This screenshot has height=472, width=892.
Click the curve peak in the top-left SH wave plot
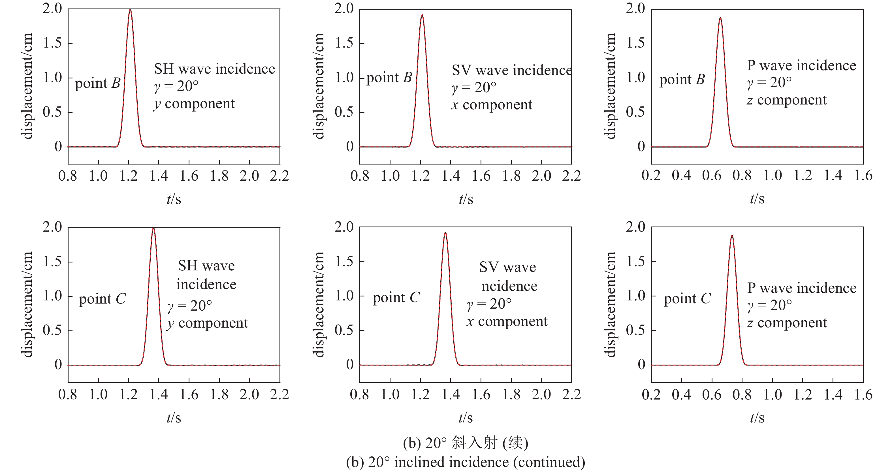pos(130,10)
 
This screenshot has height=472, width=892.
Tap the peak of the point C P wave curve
pos(732,236)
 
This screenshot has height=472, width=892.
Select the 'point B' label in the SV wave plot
pos(389,78)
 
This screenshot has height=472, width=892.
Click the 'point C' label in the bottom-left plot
pos(102,299)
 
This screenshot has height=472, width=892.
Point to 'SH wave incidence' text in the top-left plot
pos(214,69)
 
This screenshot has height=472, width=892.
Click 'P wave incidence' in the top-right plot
pos(801,65)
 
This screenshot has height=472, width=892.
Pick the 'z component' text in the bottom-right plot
pos(787,323)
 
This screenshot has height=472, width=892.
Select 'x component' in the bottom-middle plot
pos(507,321)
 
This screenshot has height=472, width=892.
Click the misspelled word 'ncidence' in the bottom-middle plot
pos(509,286)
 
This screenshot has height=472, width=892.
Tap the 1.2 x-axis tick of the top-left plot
pos(129,176)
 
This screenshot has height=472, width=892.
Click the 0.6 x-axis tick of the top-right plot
pos(712,176)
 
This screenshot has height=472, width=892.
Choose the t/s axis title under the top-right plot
pos(757,199)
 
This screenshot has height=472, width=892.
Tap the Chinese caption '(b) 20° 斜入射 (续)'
pos(465,443)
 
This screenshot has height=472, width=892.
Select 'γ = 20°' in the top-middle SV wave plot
pos(474,87)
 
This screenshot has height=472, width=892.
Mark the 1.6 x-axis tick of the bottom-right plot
pos(863,394)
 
